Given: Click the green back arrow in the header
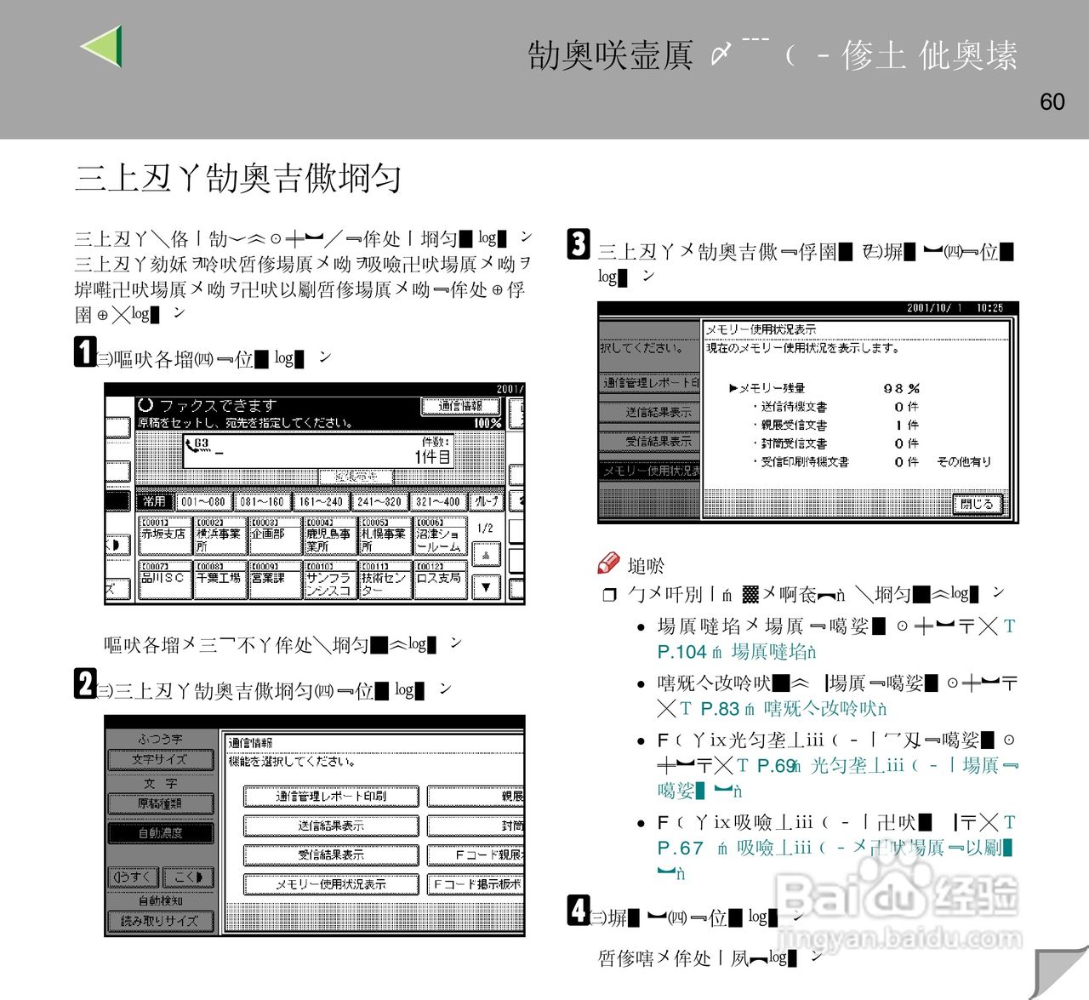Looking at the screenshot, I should tap(103, 46).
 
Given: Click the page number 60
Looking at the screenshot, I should tap(1052, 102).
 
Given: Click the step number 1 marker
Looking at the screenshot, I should tap(85, 351).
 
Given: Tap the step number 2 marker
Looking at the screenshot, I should tap(85, 683).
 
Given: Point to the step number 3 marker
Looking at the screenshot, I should tap(579, 244).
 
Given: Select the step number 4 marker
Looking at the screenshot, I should tap(579, 910).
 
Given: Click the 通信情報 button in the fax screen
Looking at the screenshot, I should tap(460, 407).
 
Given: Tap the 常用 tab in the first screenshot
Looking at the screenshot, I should tap(154, 501).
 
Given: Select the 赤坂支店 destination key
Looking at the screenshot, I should tap(164, 534).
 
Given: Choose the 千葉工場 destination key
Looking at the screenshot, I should tap(219, 579).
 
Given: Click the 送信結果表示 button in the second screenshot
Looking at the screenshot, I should tap(331, 826).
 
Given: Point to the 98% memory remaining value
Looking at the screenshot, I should tap(901, 388).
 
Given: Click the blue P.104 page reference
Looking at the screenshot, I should tap(682, 652).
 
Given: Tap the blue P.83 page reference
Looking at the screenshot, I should tap(720, 708).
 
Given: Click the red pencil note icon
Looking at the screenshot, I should tap(609, 563).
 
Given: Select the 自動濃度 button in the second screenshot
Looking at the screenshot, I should tap(160, 833).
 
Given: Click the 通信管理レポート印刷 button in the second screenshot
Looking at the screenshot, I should tap(331, 797).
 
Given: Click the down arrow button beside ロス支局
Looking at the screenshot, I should tap(486, 586).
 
